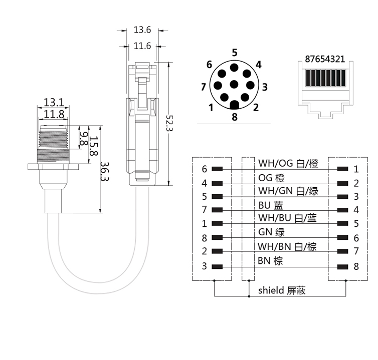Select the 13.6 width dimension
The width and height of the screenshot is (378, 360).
[142, 30]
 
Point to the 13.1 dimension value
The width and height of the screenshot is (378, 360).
[54, 103]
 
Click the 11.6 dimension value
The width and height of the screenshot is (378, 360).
[142, 46]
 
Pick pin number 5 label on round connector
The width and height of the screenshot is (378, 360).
[235, 52]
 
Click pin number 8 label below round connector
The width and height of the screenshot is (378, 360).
[235, 118]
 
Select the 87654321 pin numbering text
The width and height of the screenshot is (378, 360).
[325, 59]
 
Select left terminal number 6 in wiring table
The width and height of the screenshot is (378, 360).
[205, 169]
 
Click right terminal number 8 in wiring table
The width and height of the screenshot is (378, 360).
[356, 266]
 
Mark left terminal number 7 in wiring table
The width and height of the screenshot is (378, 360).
[205, 210]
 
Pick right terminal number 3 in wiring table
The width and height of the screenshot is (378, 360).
[356, 197]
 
